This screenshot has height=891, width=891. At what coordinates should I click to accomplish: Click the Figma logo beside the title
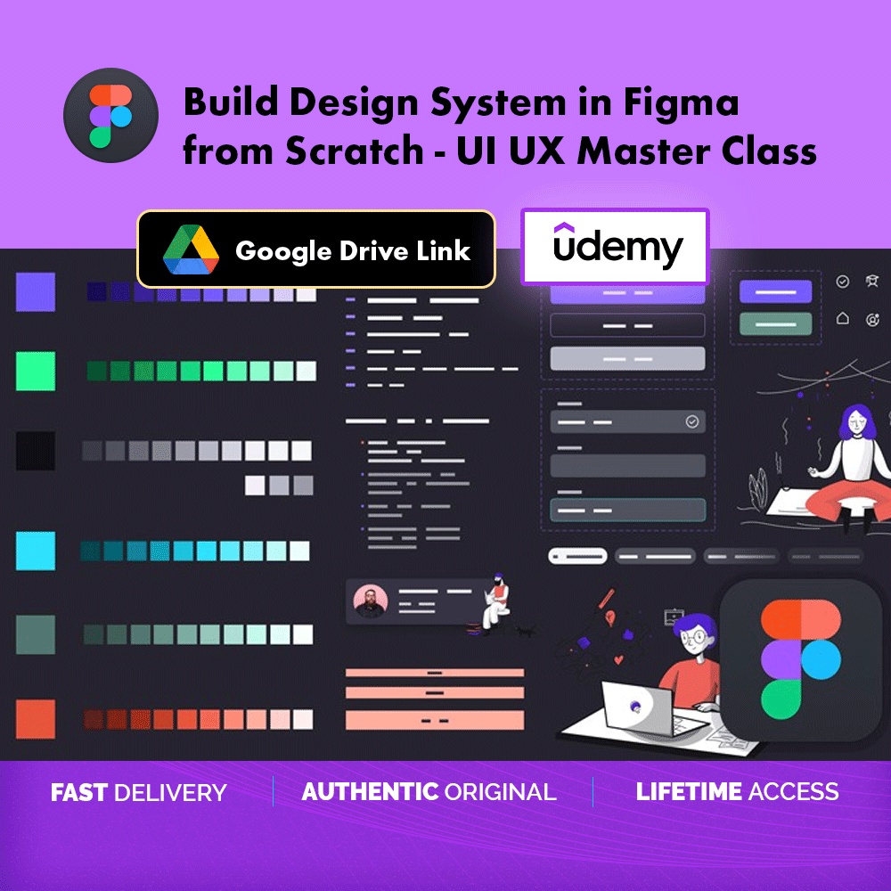pos(110,115)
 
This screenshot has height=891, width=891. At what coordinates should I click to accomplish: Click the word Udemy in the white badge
pos(617,247)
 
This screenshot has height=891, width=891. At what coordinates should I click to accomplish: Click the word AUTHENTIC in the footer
pos(370,791)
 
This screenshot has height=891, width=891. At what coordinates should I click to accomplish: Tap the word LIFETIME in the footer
pos(689,791)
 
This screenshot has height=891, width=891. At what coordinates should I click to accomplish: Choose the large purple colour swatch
pos(36,292)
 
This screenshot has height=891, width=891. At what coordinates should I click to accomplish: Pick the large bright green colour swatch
pos(36,371)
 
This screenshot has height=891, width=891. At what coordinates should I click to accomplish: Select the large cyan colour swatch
pos(36,551)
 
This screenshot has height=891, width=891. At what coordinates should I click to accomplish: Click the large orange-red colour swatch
pos(36,719)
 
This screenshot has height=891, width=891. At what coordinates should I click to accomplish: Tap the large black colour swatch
pos(36,451)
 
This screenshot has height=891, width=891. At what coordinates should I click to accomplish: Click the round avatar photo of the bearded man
pos(370,601)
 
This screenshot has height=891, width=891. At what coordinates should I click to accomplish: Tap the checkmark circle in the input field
pos(691,421)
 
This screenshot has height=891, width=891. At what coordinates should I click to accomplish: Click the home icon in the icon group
pos(843,318)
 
